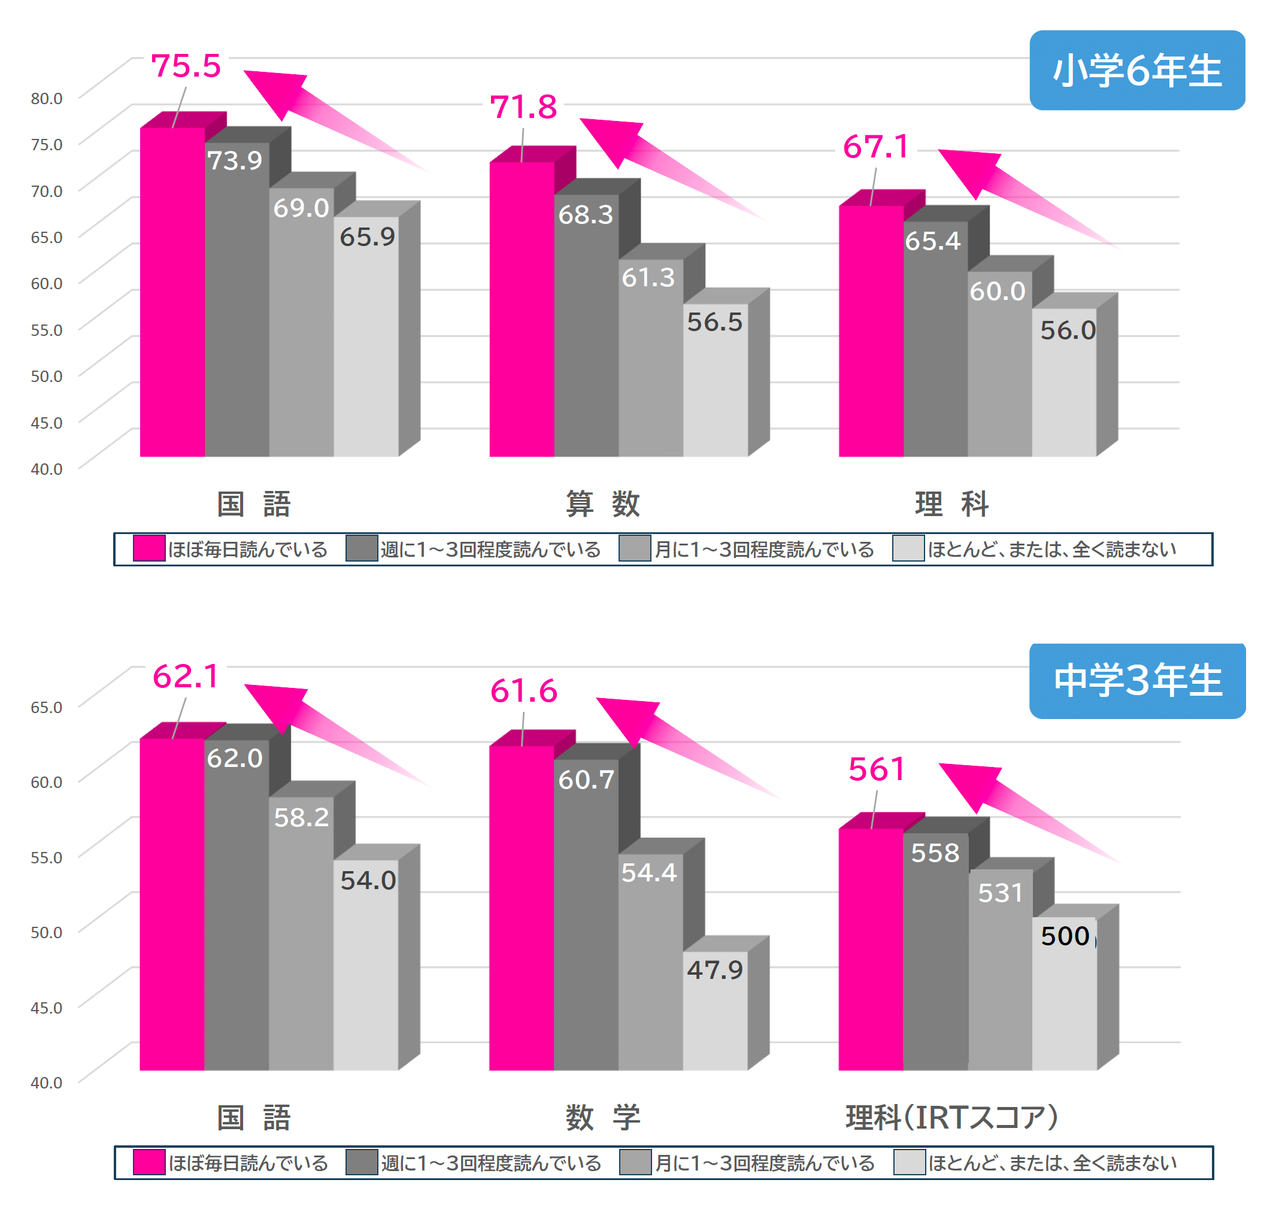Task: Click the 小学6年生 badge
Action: (1136, 70)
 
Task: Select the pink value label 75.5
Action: (186, 66)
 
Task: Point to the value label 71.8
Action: (523, 107)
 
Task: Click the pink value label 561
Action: (877, 769)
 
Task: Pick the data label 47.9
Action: (714, 969)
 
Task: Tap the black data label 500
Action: (1065, 936)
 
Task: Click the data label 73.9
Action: (235, 160)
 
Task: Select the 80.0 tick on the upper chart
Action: (47, 99)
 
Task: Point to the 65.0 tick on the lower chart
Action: (47, 707)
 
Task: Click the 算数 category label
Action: (602, 504)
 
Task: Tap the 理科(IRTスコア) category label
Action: (951, 1118)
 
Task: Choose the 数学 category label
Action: (602, 1118)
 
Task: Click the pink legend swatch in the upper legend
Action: (149, 549)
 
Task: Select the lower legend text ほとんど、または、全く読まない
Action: (1052, 1163)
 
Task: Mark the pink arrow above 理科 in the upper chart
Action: (1019, 190)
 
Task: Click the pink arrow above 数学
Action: (677, 742)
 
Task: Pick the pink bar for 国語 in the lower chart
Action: (172, 903)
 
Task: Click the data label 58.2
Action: (301, 817)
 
